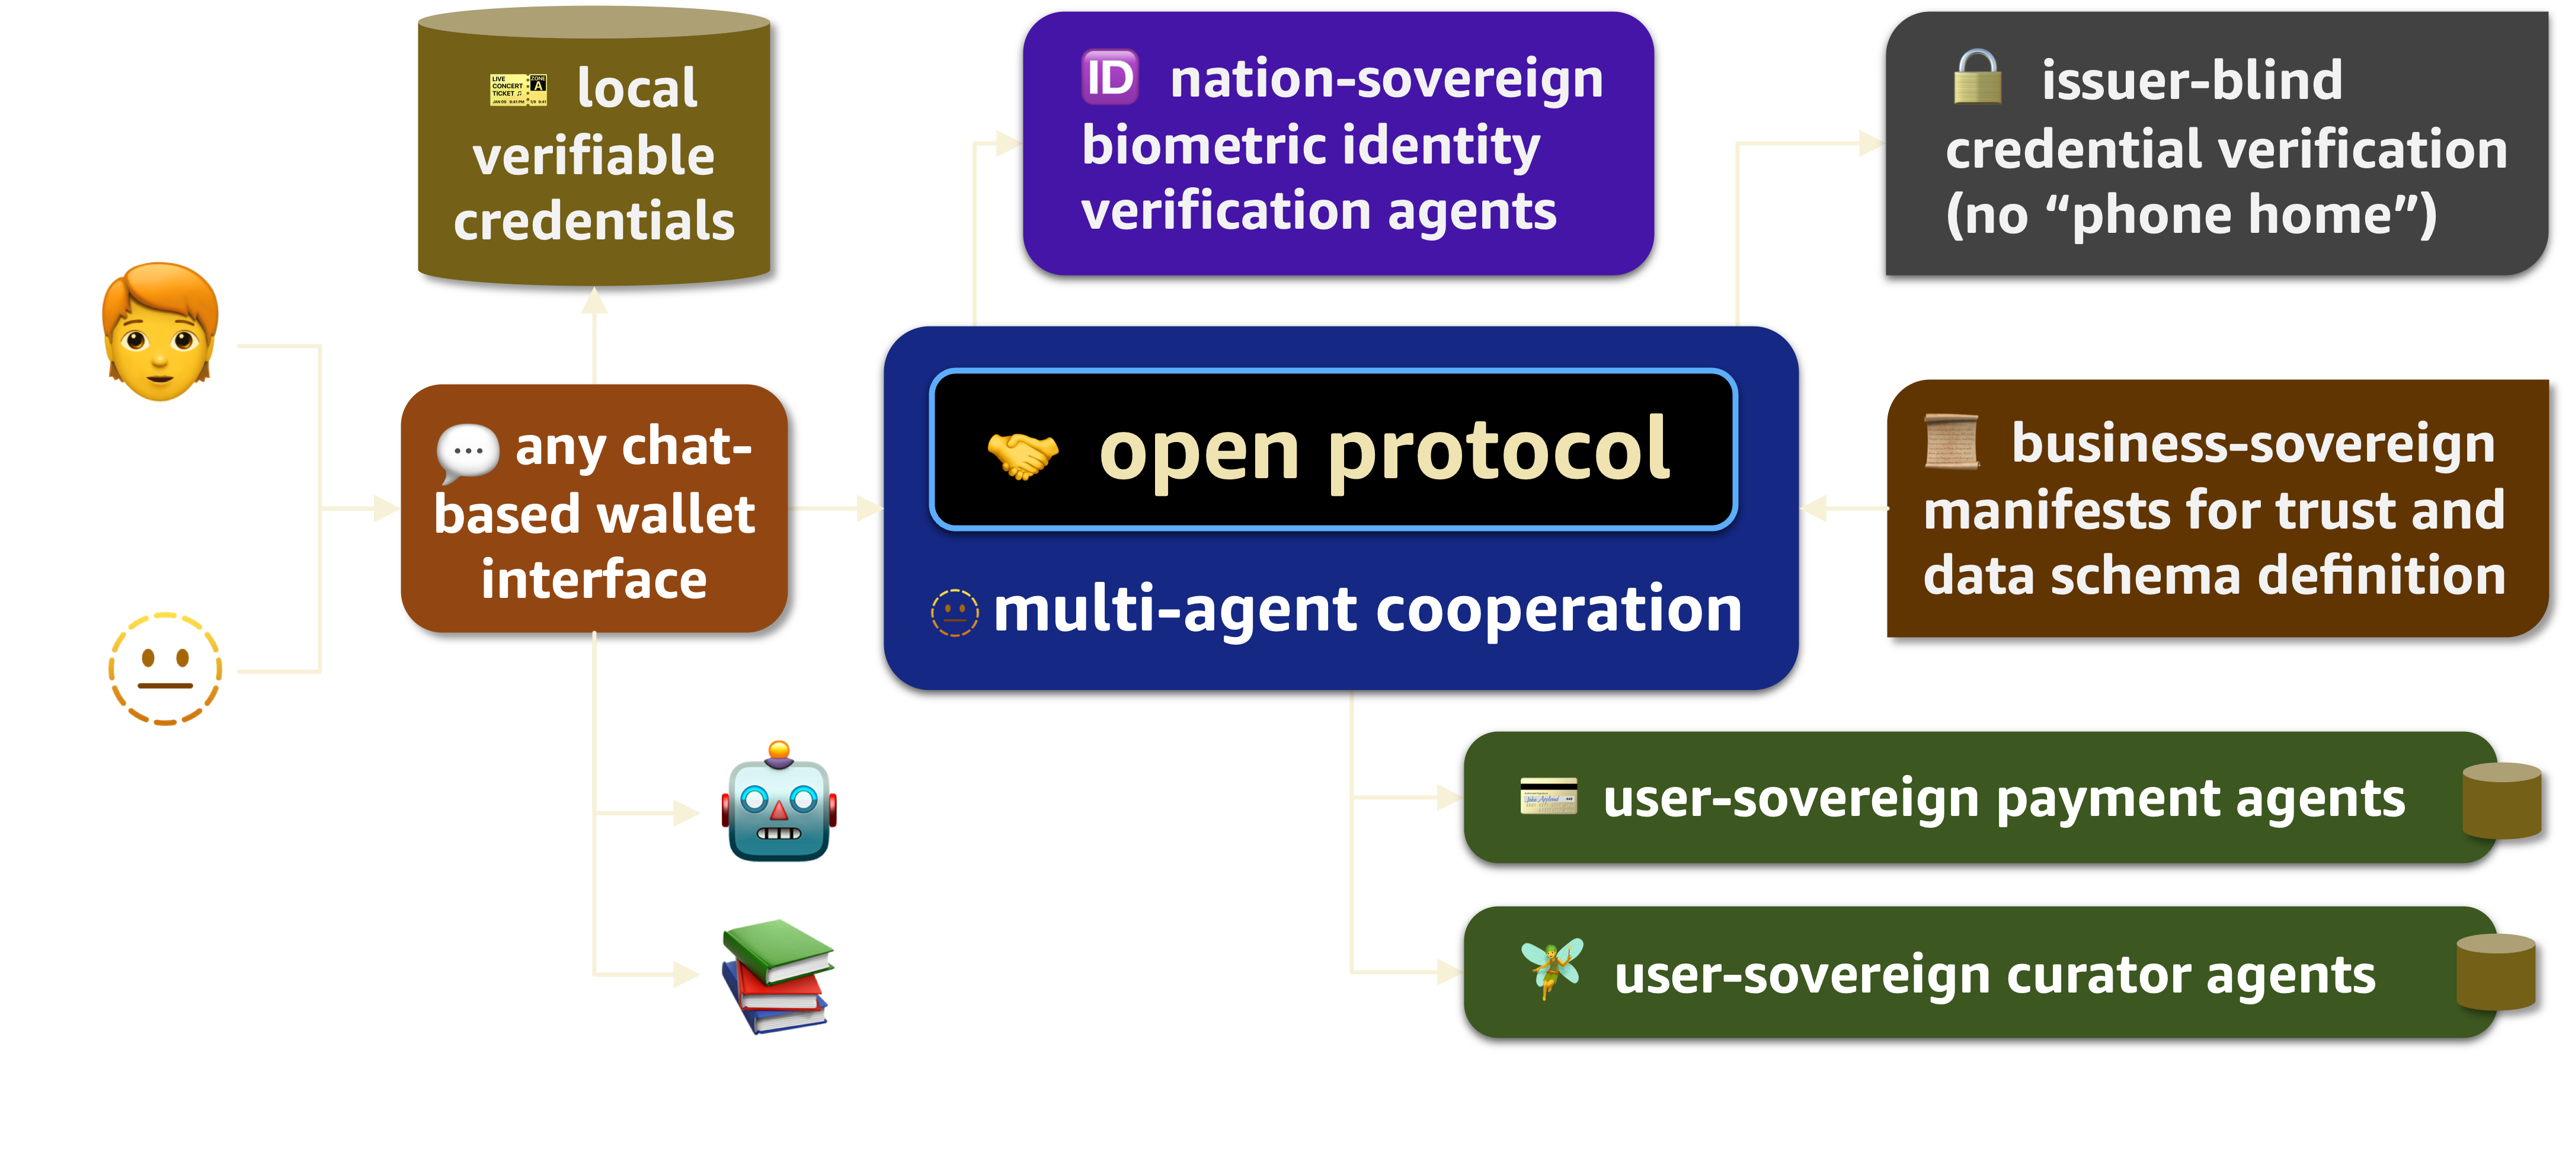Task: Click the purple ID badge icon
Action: point(1109,78)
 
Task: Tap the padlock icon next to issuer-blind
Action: point(1977,77)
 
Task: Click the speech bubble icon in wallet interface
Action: point(467,451)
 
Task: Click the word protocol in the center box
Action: point(1498,451)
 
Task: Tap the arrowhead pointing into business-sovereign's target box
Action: point(1814,508)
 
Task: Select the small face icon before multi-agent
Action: point(955,612)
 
